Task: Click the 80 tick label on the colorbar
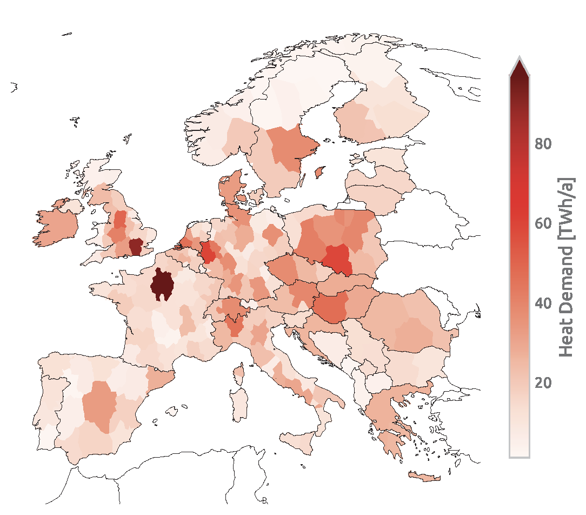(543, 144)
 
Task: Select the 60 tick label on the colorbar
(543, 223)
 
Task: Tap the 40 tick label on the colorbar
(543, 303)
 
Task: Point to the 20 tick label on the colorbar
(543, 383)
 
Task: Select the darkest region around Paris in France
(162, 285)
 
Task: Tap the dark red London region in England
(135, 246)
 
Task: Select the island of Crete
(425, 477)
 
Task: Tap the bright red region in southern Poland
(338, 257)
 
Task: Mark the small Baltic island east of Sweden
(319, 172)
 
